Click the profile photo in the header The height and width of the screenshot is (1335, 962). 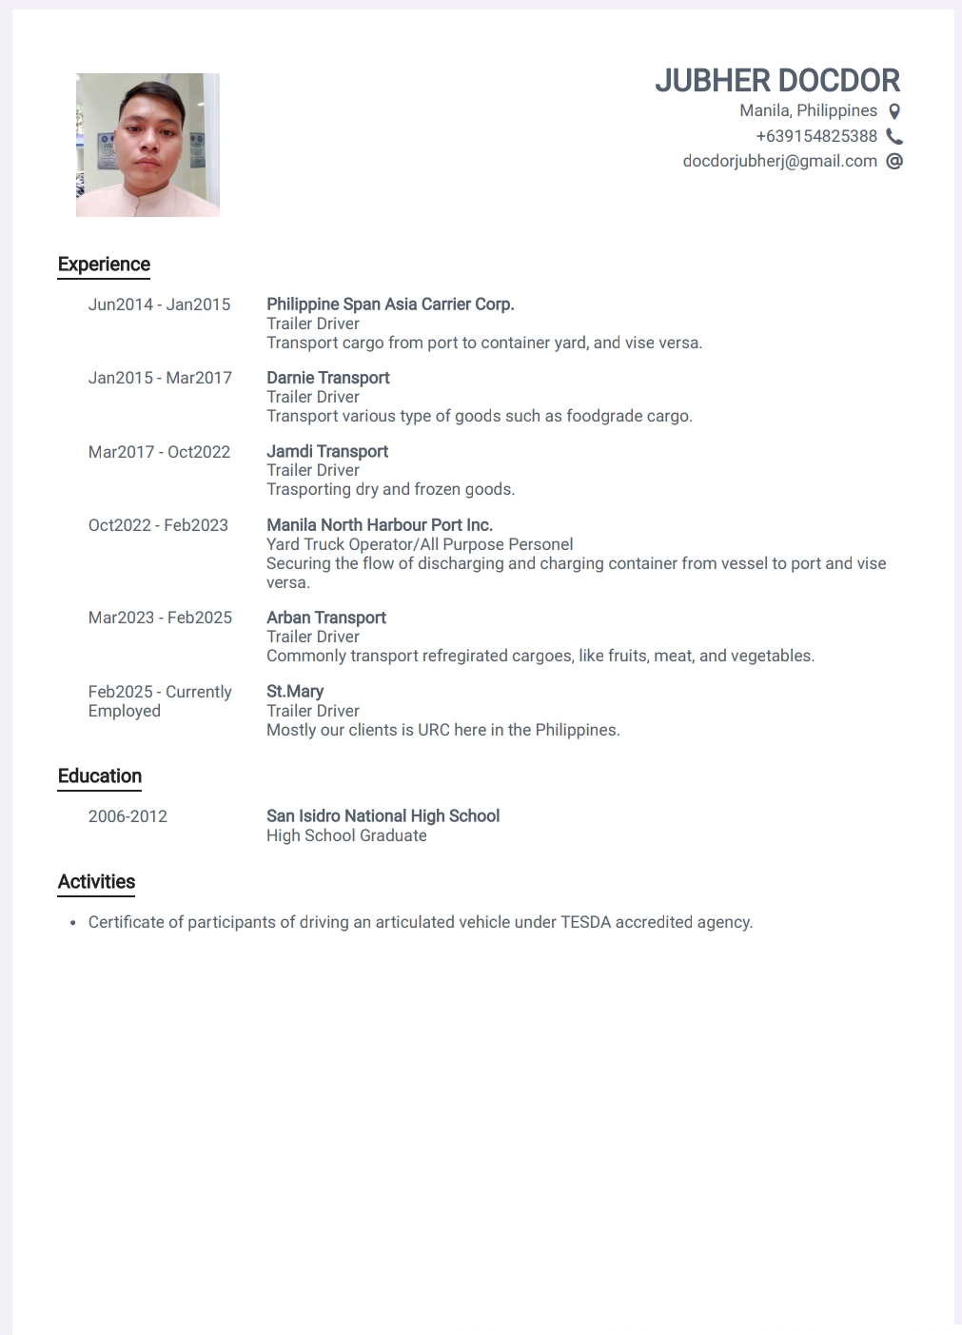(x=147, y=145)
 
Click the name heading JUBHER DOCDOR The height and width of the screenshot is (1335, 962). (x=776, y=81)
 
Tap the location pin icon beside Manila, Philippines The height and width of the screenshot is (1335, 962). (x=894, y=111)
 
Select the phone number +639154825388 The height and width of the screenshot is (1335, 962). (x=816, y=136)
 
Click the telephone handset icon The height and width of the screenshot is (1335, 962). (x=894, y=136)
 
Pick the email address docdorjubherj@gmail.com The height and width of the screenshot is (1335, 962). (x=779, y=161)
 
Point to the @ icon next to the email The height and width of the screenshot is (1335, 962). (x=894, y=161)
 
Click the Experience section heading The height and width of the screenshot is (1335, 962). (x=104, y=265)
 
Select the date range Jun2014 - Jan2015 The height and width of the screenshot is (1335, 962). (x=159, y=304)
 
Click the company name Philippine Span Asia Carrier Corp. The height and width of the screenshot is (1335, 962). (x=390, y=304)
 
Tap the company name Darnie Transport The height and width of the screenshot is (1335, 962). (x=327, y=378)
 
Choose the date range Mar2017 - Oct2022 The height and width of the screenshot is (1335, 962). (x=159, y=452)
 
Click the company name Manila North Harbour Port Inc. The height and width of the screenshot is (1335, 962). (x=379, y=525)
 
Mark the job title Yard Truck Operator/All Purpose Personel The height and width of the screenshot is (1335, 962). (x=420, y=544)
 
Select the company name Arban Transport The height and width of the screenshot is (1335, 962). (x=325, y=618)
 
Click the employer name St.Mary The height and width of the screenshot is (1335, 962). (x=295, y=692)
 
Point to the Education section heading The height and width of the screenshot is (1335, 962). (x=100, y=776)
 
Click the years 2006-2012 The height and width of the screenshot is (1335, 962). (x=128, y=816)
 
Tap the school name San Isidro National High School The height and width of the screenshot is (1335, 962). (x=383, y=816)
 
